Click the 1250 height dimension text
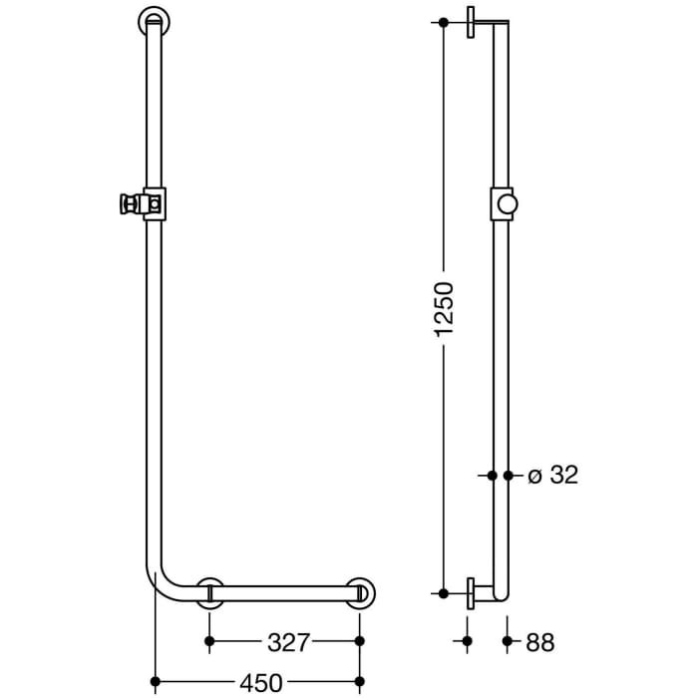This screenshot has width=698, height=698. click(445, 307)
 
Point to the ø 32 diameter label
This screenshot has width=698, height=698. click(551, 477)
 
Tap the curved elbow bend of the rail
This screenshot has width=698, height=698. click(164, 584)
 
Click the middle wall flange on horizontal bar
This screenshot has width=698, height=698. click(210, 591)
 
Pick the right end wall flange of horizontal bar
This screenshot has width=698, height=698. click(361, 591)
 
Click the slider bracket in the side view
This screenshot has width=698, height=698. click(504, 203)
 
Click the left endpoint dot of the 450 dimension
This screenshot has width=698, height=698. click(154, 683)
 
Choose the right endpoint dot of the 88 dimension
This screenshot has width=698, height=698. click(509, 643)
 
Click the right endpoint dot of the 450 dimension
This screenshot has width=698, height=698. click(360, 683)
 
